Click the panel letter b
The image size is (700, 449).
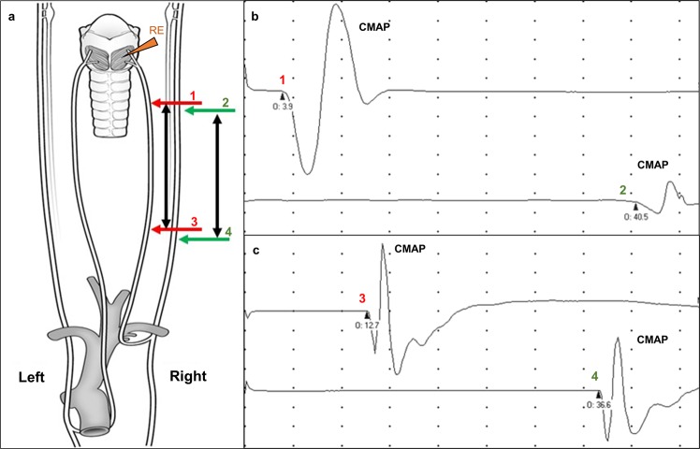click(x=252, y=13)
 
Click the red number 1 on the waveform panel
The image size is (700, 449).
click(x=283, y=81)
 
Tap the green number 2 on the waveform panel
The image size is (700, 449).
click(x=622, y=190)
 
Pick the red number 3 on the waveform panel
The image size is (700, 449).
click(x=362, y=297)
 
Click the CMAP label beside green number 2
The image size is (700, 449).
click(x=653, y=165)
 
